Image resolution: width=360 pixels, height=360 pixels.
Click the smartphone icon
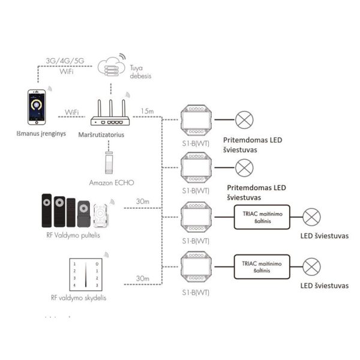click(x=37, y=107)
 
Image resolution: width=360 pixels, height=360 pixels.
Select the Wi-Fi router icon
click(x=110, y=113)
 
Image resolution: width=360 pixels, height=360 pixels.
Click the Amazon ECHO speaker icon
click(x=109, y=163)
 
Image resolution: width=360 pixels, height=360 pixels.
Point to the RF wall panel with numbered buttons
click(x=86, y=274)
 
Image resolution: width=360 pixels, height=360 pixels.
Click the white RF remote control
click(x=100, y=215)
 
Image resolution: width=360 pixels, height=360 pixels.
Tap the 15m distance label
click(x=147, y=111)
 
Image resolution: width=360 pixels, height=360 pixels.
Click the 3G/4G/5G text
click(x=65, y=61)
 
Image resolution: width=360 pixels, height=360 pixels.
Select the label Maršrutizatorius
click(x=101, y=134)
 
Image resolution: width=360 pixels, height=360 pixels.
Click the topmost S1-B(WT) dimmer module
click(x=196, y=120)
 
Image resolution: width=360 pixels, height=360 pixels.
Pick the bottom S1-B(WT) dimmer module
click(x=196, y=266)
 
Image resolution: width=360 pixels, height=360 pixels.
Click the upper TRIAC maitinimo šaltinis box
click(x=262, y=217)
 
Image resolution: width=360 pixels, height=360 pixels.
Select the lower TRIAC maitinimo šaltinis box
click(x=262, y=267)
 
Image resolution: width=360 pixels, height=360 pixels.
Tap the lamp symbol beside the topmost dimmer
click(x=244, y=120)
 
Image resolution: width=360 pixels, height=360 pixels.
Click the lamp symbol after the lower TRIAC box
click(x=311, y=267)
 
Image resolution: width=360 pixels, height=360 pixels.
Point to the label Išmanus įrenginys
click(x=41, y=134)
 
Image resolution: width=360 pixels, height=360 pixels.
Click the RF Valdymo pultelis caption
click(x=73, y=235)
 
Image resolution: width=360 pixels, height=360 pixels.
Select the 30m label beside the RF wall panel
click(x=143, y=278)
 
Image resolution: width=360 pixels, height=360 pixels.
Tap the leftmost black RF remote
click(x=47, y=211)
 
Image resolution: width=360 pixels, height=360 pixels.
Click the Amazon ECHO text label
click(x=112, y=183)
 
